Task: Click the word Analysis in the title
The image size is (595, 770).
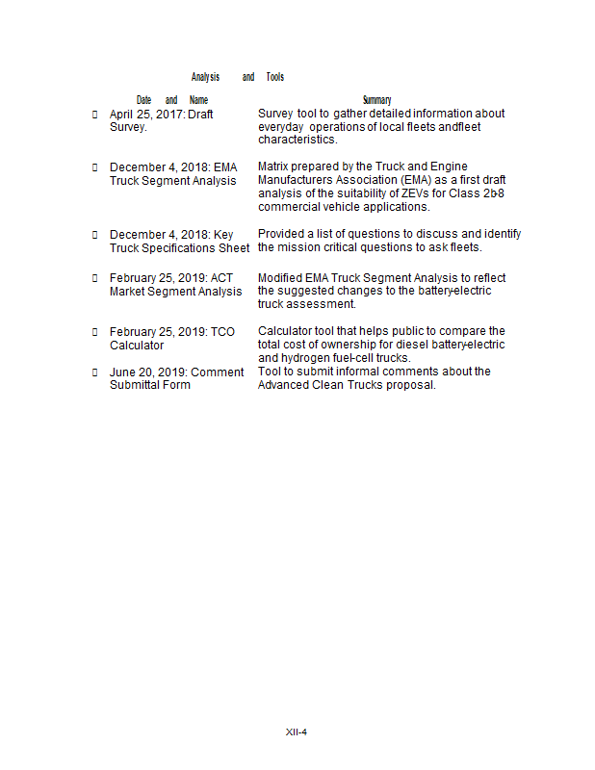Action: pyautogui.click(x=205, y=77)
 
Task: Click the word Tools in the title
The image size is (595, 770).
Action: pyautogui.click(x=275, y=77)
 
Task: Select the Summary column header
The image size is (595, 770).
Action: pyautogui.click(x=376, y=100)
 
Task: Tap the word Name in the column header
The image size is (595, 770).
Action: pyautogui.click(x=198, y=100)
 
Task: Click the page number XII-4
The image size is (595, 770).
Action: pyautogui.click(x=297, y=732)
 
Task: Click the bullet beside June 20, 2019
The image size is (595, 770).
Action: pyautogui.click(x=94, y=372)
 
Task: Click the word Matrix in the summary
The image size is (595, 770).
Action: pyautogui.click(x=275, y=167)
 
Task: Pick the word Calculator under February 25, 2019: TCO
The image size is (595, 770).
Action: pyautogui.click(x=137, y=346)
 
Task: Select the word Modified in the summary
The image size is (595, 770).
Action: pyautogui.click(x=281, y=279)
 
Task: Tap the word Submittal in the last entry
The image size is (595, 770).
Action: pyautogui.click(x=137, y=385)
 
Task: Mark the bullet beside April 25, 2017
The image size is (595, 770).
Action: pyautogui.click(x=94, y=115)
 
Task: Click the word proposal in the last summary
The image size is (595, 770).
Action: pyautogui.click(x=412, y=385)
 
